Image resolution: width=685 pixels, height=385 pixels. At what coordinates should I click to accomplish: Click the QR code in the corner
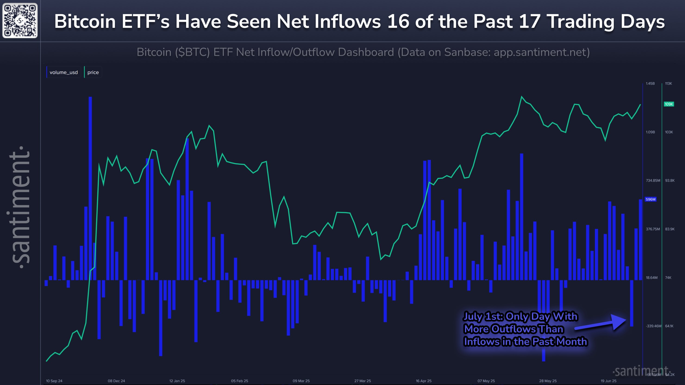[20, 20]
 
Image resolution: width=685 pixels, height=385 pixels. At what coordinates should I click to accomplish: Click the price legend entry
[93, 72]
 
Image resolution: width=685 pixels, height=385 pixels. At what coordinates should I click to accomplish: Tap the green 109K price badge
[669, 104]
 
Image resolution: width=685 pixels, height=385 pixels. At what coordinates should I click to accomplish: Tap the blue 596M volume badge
[650, 199]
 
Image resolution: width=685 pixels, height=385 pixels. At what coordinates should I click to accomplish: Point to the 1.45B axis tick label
[650, 84]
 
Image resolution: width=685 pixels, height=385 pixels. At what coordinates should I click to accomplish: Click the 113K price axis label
[668, 84]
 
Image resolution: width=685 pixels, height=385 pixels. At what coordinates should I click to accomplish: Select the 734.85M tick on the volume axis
[653, 180]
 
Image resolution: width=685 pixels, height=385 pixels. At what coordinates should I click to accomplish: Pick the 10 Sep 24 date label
[54, 381]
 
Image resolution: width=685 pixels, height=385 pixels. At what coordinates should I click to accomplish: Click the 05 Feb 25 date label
[239, 381]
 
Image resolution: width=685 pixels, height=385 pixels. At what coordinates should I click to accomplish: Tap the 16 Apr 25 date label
[424, 381]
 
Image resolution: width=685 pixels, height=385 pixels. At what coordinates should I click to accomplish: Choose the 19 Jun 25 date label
[608, 381]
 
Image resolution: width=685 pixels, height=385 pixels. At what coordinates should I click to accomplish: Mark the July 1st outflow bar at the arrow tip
[632, 303]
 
